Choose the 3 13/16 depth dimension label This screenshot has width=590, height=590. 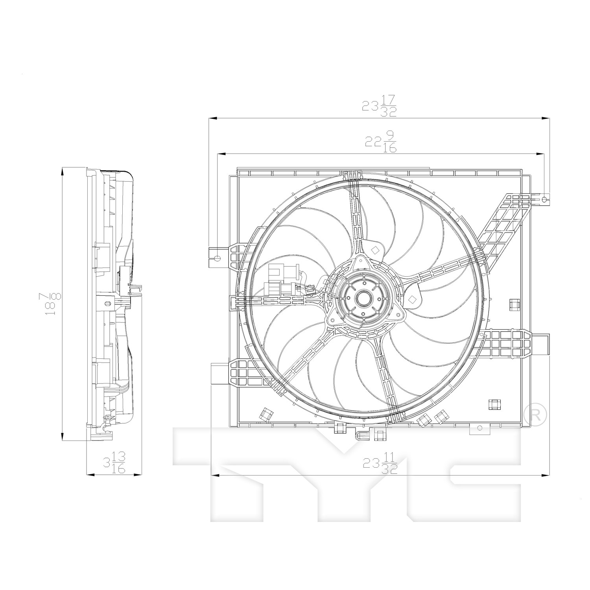click(114, 463)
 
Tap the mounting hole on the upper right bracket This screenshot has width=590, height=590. click(544, 200)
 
